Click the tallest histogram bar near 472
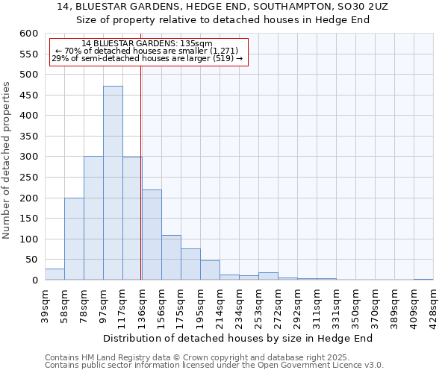tap(113, 183)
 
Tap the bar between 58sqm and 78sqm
tap(74, 239)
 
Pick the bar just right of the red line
tap(152, 235)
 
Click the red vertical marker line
tap(141, 172)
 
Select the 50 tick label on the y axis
tap(31, 260)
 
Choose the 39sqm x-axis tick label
tap(45, 304)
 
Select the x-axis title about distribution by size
tap(237, 338)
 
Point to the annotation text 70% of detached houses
tap(147, 51)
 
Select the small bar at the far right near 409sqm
tap(423, 279)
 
